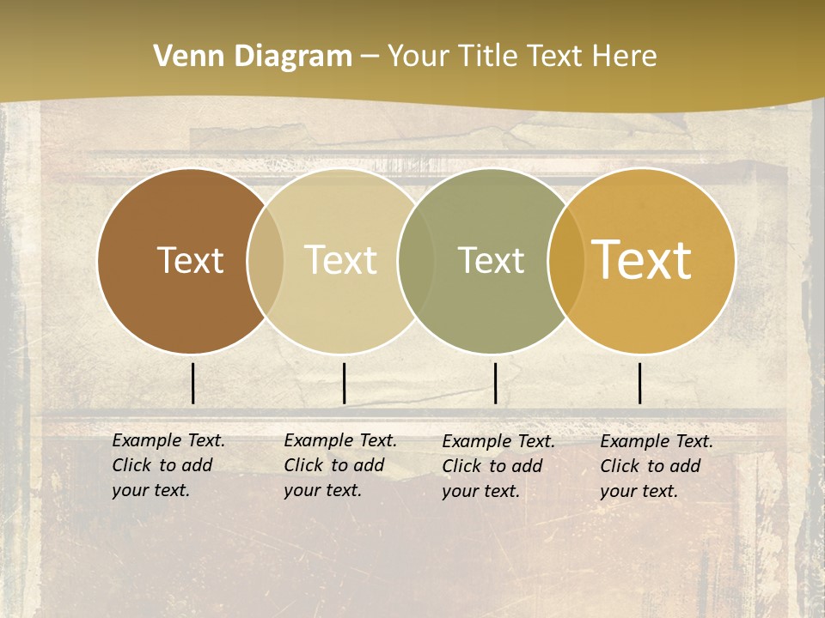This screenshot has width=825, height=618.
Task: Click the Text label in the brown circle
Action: tap(190, 260)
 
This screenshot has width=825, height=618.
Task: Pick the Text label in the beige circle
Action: tap(341, 260)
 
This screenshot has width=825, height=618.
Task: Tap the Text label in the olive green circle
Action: tap(491, 260)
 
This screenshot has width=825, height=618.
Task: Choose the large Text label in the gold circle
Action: tap(642, 260)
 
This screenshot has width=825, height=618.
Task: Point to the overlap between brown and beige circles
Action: tap(266, 260)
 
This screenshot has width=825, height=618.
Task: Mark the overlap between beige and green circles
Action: tap(416, 260)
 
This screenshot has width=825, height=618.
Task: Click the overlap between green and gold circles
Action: tap(566, 260)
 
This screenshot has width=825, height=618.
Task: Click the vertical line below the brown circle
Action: tap(193, 383)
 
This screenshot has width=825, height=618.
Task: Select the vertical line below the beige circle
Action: tap(344, 383)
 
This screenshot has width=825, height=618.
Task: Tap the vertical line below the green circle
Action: tap(496, 383)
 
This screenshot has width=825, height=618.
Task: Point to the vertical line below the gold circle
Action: tap(640, 383)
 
